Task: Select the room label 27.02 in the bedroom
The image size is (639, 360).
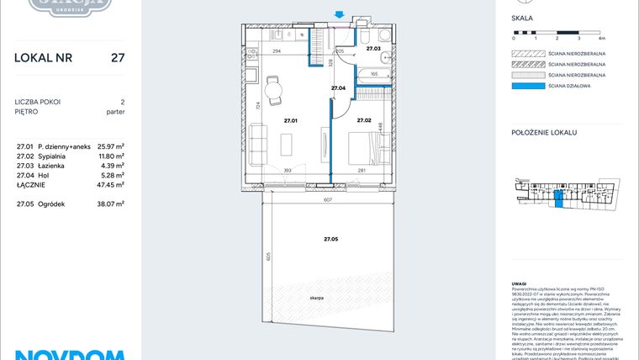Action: click(364, 120)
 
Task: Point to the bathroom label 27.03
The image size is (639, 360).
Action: click(373, 50)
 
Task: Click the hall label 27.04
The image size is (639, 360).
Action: click(338, 88)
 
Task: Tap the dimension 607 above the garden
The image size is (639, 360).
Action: click(328, 199)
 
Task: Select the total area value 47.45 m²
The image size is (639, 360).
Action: click(111, 184)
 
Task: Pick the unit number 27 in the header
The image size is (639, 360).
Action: click(119, 58)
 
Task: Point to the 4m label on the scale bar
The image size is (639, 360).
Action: click(601, 39)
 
